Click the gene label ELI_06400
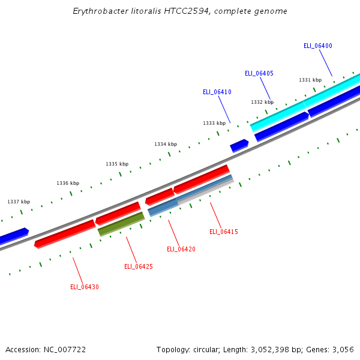[x=318, y=46]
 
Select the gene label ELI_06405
[x=259, y=73]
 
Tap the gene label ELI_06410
[x=217, y=92]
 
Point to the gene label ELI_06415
[x=224, y=232]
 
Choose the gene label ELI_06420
[x=181, y=249]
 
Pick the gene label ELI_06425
[x=139, y=266]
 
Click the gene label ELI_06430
[x=85, y=287]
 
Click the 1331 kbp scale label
[x=310, y=80]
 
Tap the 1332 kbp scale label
[x=262, y=102]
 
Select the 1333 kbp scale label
[x=214, y=123]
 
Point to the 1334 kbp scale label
[x=166, y=144]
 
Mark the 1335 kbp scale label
[x=117, y=164]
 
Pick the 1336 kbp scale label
[x=68, y=183]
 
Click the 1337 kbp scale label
[x=19, y=202]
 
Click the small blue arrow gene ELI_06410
[x=239, y=145]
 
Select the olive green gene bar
[x=121, y=223]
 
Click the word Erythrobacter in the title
[x=98, y=11]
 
